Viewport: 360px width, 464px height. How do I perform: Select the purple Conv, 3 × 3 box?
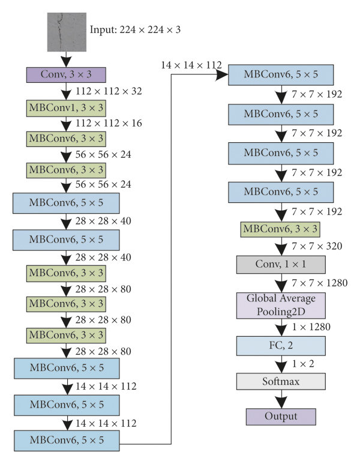click(x=66, y=74)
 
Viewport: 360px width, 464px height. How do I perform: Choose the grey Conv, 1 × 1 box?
click(x=281, y=264)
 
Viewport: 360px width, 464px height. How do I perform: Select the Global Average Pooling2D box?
click(x=281, y=306)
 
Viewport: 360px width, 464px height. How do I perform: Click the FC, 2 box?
click(x=281, y=345)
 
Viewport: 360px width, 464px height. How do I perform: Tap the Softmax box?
click(x=281, y=381)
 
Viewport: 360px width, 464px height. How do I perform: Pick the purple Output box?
click(x=281, y=415)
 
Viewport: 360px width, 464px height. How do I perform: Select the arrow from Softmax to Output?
click(x=281, y=398)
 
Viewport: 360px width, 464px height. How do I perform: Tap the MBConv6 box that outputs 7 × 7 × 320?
click(x=281, y=229)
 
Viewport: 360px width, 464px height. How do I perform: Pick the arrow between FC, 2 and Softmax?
click(x=281, y=363)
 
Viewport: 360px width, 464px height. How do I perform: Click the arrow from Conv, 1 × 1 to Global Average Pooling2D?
click(x=281, y=282)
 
